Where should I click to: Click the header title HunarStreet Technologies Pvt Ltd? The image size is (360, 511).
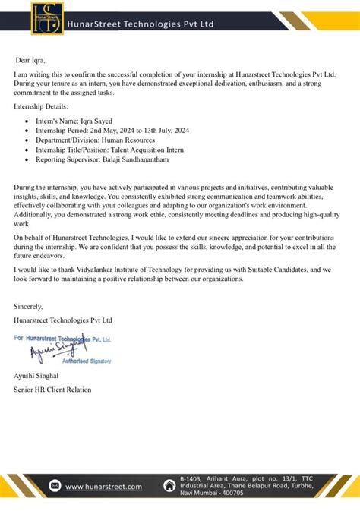(x=141, y=24)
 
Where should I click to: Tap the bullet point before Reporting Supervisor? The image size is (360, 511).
(x=27, y=160)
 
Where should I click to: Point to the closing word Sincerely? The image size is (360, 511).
(x=29, y=306)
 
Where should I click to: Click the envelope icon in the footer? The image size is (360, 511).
(x=55, y=486)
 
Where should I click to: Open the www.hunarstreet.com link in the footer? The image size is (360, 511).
(x=103, y=486)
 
